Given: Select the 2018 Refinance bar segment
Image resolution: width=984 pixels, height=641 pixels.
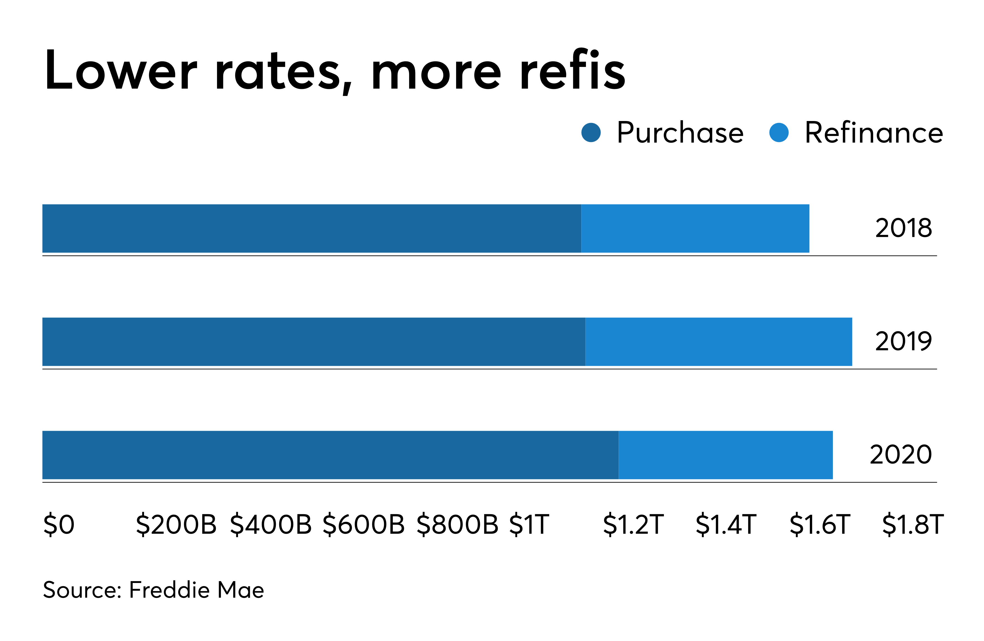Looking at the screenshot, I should click(x=695, y=228).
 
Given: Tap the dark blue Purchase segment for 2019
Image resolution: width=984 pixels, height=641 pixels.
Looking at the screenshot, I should click(x=313, y=341).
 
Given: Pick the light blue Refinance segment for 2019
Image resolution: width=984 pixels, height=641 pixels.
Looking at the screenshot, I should click(x=719, y=341).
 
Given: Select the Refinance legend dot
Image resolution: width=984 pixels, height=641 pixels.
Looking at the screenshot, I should click(x=779, y=133).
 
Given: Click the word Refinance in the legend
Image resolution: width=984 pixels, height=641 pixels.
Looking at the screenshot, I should click(x=874, y=133).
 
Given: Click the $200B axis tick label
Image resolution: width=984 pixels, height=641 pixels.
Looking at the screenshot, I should click(x=176, y=524).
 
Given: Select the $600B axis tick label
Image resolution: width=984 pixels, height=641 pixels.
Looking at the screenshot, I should click(x=363, y=524).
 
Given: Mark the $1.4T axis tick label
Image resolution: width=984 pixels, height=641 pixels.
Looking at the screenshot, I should click(x=726, y=524).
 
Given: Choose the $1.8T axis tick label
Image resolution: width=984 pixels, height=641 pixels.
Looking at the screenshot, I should click(x=913, y=524).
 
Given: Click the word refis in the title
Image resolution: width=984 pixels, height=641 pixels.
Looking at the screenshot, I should click(x=573, y=70).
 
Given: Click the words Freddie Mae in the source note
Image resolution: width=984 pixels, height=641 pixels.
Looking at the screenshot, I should click(x=197, y=590).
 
